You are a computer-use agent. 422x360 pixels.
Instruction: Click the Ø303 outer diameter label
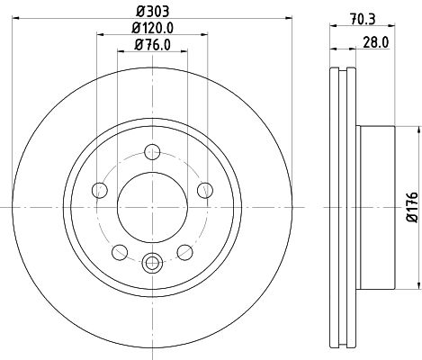click(x=150, y=13)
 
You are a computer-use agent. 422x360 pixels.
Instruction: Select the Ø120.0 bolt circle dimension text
click(x=152, y=29)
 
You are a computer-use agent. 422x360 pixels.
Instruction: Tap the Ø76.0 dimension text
click(x=152, y=44)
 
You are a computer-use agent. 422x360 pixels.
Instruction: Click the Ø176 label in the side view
click(x=412, y=206)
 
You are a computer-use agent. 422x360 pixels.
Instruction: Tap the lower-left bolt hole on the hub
click(x=120, y=250)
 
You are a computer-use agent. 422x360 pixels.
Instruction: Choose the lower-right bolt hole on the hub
click(x=185, y=250)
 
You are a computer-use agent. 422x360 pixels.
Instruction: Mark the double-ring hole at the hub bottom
click(x=152, y=263)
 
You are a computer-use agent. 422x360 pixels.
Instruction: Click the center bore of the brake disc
click(x=152, y=205)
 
